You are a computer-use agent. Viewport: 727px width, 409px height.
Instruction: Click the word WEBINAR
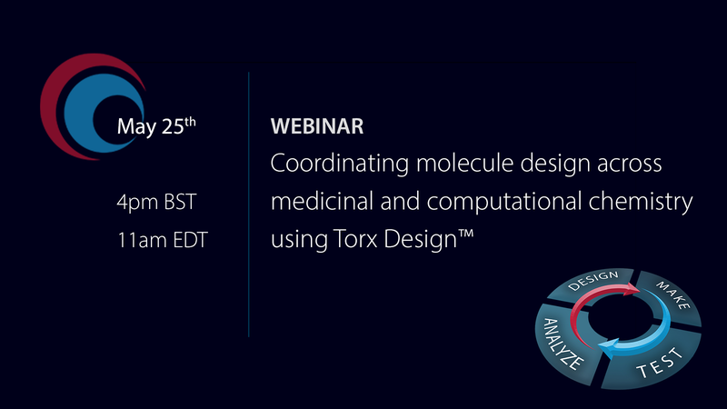point(317,127)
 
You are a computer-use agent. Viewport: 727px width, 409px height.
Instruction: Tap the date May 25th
point(155,126)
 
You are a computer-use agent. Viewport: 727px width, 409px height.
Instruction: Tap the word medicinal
point(318,202)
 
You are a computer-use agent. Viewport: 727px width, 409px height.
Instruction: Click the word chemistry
point(646,203)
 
